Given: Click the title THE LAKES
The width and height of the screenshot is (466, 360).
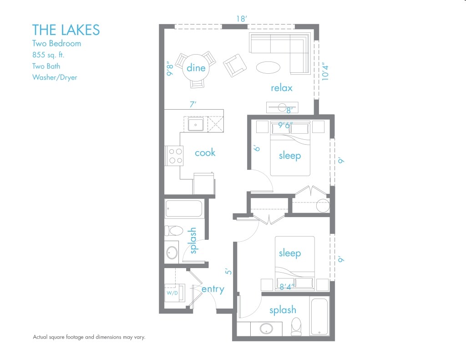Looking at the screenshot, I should click(66, 30).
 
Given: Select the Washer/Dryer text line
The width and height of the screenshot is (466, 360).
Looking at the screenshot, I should click(54, 77).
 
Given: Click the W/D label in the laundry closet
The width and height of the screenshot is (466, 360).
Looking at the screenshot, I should click(172, 293).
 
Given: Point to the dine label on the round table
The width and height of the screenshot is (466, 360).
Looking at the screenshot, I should click(196, 68).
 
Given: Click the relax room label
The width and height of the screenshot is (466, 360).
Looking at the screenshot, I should click(281, 88).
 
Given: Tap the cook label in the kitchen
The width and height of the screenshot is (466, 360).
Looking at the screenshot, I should click(205, 152).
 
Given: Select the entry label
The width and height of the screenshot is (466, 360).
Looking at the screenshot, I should click(213, 289).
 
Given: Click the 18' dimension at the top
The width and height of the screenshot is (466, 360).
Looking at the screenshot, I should click(241, 19).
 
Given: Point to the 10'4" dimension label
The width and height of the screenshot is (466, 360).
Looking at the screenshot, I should click(324, 71).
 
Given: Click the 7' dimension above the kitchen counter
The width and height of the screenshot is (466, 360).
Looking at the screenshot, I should click(193, 105).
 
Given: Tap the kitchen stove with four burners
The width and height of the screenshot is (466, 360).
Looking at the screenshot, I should click(174, 155).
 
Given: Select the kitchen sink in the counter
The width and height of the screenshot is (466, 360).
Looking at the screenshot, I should click(196, 124).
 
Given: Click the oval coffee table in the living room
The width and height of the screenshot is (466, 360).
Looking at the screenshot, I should click(268, 67).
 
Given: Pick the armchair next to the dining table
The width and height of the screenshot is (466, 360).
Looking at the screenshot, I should click(235, 66).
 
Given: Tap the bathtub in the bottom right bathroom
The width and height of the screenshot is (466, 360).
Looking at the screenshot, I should click(319, 316).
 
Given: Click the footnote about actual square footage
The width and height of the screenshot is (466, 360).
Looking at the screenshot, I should click(89, 337).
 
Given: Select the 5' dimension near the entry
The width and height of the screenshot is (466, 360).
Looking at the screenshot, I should click(229, 271).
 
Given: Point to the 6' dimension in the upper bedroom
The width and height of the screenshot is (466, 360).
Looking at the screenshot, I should click(257, 149).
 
